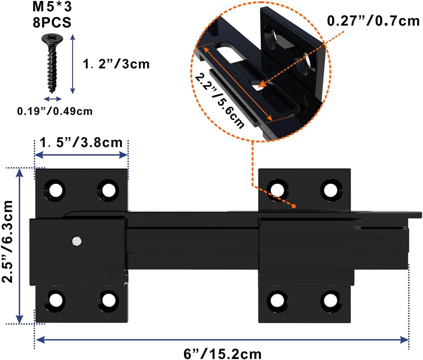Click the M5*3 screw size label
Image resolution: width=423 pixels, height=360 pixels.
[x=52, y=7]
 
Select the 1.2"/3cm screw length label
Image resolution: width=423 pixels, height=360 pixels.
[x=116, y=64]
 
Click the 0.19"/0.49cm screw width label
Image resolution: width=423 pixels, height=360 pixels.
[x=55, y=111]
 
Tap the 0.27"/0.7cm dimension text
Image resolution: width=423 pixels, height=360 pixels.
[x=373, y=21]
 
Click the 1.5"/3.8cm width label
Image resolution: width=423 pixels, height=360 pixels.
[x=81, y=143]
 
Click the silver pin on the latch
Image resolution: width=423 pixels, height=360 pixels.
[x=77, y=241]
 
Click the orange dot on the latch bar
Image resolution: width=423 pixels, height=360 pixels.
[x=293, y=206]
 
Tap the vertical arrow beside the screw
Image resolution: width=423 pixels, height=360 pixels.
[x=73, y=64]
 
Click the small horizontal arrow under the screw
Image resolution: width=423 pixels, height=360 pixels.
[x=53, y=99]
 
